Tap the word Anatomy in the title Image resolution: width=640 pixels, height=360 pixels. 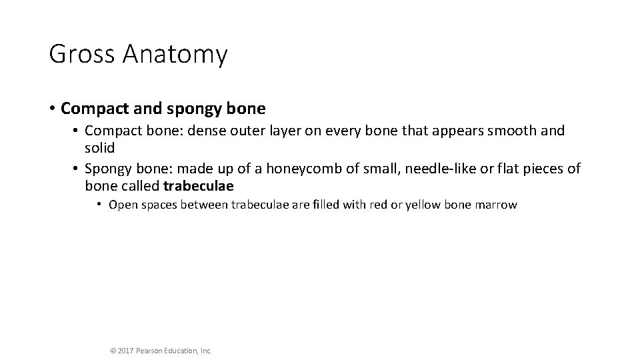pyautogui.click(x=174, y=55)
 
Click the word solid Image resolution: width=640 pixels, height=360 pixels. pyautogui.click(x=101, y=147)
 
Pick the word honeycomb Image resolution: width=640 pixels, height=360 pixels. pyautogui.click(x=310, y=169)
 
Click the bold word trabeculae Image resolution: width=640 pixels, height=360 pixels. pyautogui.click(x=198, y=185)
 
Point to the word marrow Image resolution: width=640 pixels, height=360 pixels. pyautogui.click(x=495, y=205)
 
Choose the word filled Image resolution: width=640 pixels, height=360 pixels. pyautogui.click(x=323, y=205)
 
